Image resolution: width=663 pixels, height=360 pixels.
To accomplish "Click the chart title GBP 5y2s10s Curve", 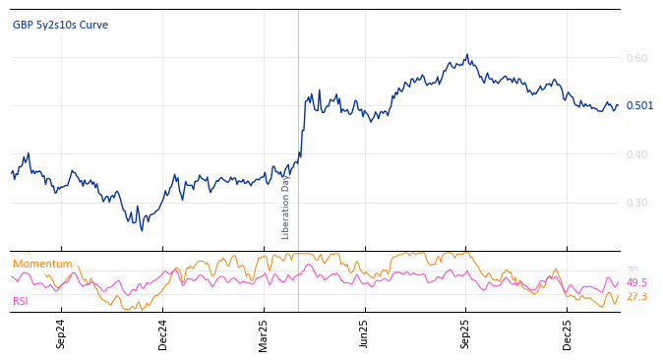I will click(60, 25).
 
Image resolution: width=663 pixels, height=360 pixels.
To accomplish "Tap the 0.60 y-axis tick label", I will click(636, 58).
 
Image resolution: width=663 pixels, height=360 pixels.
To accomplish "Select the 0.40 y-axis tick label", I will click(636, 154).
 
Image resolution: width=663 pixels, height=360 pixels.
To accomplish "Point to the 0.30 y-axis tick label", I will click(636, 203).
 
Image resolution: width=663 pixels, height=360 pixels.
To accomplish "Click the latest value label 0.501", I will click(639, 105).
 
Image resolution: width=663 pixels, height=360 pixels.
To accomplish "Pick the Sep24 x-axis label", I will click(61, 333).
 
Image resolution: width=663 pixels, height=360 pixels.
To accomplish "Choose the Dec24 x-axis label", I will click(163, 333).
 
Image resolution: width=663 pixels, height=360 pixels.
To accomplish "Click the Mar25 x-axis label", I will click(264, 333).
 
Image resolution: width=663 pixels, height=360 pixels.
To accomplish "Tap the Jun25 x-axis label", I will click(365, 333).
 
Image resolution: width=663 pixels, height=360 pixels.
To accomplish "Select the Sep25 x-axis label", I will click(466, 333).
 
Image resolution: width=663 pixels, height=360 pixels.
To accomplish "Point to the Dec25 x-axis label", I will click(568, 333).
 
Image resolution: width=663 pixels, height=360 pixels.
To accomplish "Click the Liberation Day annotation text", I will click(286, 207).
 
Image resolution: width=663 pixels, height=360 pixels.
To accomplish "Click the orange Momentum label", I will click(42, 264).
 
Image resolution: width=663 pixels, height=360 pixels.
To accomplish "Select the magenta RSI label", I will click(21, 301).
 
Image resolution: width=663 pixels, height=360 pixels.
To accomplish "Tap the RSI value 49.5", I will click(636, 282).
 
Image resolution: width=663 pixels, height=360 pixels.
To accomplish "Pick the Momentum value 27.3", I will click(636, 296).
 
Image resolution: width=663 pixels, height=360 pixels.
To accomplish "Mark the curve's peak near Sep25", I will click(467, 55).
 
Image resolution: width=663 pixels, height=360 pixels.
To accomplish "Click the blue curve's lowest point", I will click(142, 230).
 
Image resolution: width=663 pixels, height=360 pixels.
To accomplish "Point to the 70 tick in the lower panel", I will click(633, 270).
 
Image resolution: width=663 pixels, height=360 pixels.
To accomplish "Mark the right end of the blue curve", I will click(618, 105).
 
